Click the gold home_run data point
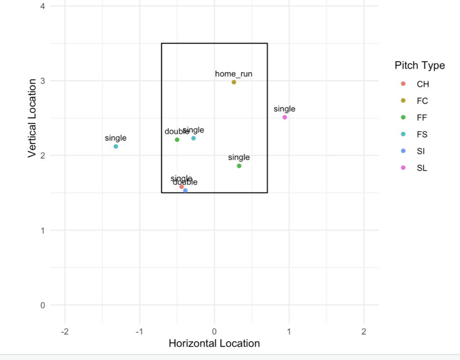(234, 82)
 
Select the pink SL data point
(284, 117)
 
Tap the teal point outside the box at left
(116, 146)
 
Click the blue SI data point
(185, 191)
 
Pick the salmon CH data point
(181, 187)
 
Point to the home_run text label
(234, 74)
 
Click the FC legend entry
(422, 101)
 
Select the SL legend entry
(422, 168)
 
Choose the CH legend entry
(422, 84)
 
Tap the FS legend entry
(422, 135)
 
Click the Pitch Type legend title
(420, 66)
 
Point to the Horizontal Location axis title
(214, 343)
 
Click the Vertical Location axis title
(32, 119)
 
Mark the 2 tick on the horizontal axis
(364, 332)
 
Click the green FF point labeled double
(177, 140)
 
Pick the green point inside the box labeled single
(239, 166)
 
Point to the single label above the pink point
(284, 109)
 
